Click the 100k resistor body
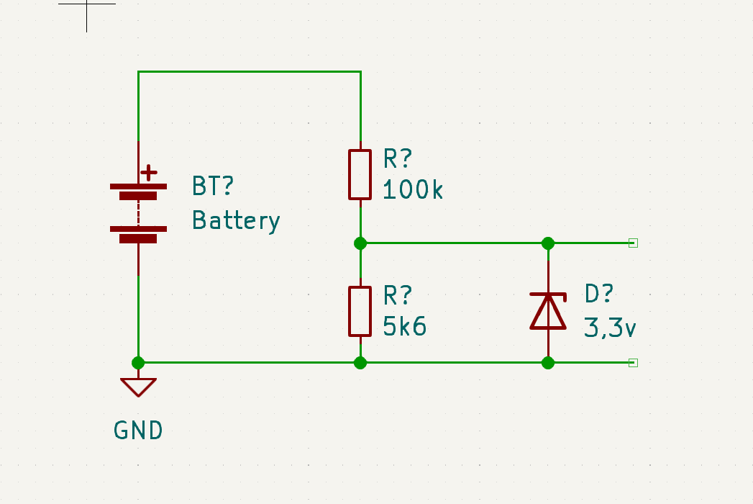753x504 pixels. pyautogui.click(x=360, y=174)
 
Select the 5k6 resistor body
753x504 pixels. pyautogui.click(x=360, y=311)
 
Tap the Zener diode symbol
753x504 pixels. pyautogui.click(x=548, y=310)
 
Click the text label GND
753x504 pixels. pyautogui.click(x=138, y=431)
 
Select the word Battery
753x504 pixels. pyautogui.click(x=236, y=220)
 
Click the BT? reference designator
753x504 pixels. pyautogui.click(x=213, y=186)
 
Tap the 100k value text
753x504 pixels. pyautogui.click(x=414, y=190)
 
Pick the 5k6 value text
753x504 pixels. pyautogui.click(x=405, y=327)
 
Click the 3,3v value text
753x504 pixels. pyautogui.click(x=610, y=328)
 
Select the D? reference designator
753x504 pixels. pyautogui.click(x=598, y=294)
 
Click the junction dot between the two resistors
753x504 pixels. pyautogui.click(x=360, y=243)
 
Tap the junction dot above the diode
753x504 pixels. pyautogui.click(x=548, y=243)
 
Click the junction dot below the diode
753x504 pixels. pyautogui.click(x=548, y=363)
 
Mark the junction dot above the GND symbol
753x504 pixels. pyautogui.click(x=138, y=363)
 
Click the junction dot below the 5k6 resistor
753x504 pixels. pyautogui.click(x=360, y=363)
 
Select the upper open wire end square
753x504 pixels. pyautogui.click(x=633, y=243)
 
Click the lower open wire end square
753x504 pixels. pyautogui.click(x=633, y=363)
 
